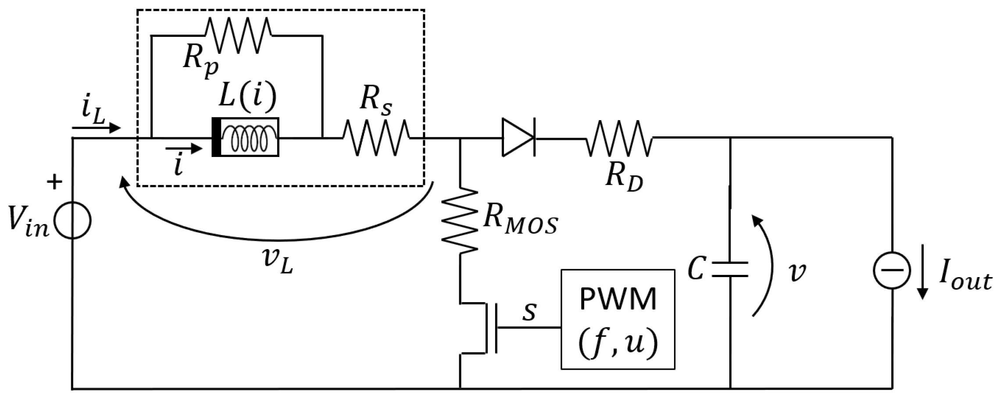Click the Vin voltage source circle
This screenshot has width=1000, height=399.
point(73,220)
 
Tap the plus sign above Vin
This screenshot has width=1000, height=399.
point(54,182)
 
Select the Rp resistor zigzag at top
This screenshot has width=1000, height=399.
point(238,35)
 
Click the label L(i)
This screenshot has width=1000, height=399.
point(248,96)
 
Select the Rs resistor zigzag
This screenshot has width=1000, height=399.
point(376,138)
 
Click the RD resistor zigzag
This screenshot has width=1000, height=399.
point(618,138)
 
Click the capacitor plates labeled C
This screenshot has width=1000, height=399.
point(730,270)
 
